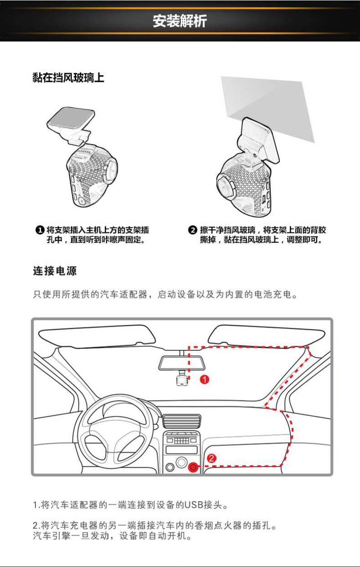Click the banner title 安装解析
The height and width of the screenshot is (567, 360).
click(x=180, y=21)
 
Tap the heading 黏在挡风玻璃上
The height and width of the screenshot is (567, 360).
click(x=68, y=77)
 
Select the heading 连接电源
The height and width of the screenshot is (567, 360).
click(x=54, y=271)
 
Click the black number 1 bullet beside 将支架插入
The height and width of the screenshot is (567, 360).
click(x=40, y=230)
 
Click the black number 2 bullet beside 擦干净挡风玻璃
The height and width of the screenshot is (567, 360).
click(x=192, y=230)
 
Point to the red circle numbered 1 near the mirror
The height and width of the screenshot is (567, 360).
click(x=205, y=380)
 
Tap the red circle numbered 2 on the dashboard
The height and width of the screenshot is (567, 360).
click(x=211, y=458)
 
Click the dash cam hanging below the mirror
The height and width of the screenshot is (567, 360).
click(x=182, y=379)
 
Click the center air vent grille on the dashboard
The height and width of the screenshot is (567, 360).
click(x=182, y=421)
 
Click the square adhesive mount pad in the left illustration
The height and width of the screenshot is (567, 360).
click(x=71, y=119)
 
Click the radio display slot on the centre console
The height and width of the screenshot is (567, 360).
click(x=181, y=449)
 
